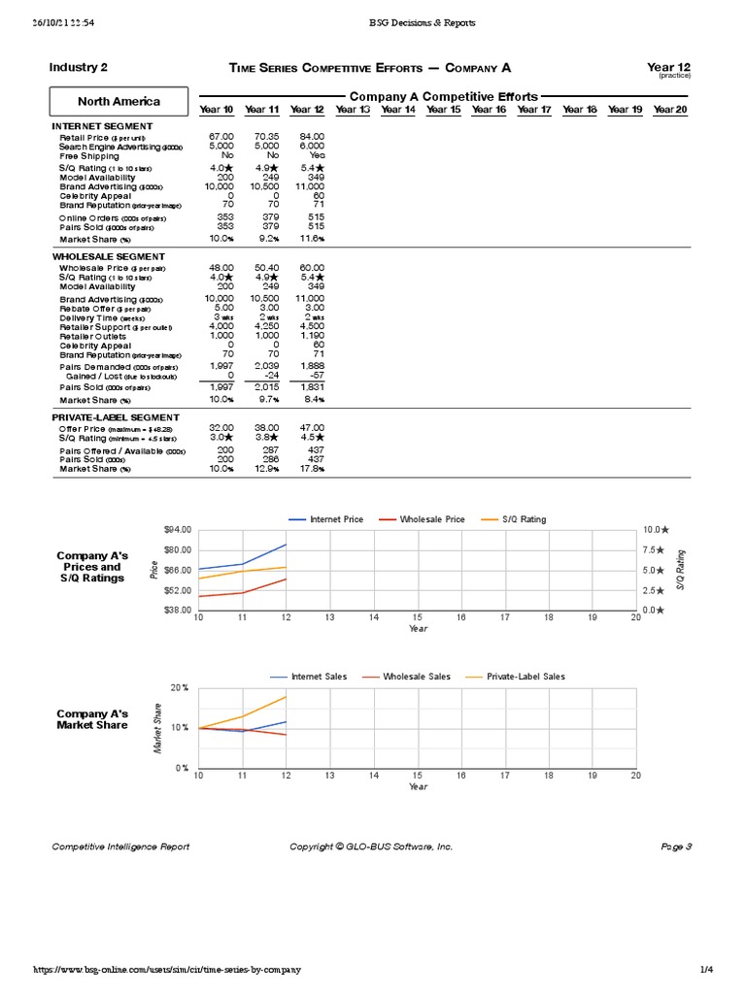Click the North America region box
(x=119, y=101)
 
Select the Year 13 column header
(x=353, y=110)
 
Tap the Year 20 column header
(x=670, y=110)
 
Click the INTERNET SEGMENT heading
(x=102, y=126)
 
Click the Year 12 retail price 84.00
(x=312, y=137)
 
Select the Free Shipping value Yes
(x=317, y=155)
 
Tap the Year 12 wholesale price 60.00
(x=312, y=267)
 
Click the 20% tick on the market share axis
(x=180, y=687)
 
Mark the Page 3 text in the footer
(x=675, y=846)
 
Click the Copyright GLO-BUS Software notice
(x=371, y=846)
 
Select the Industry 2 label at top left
(x=78, y=67)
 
